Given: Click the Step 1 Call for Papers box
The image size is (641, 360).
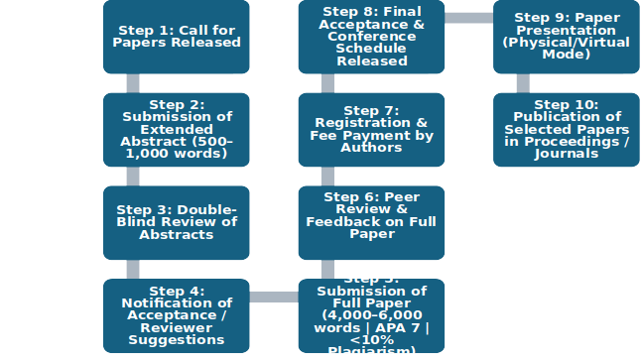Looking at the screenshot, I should [x=177, y=38].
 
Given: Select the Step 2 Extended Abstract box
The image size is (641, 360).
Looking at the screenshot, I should [x=177, y=130].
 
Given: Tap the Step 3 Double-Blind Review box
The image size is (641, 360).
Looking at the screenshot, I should [x=177, y=223].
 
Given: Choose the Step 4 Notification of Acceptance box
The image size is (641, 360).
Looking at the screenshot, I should [x=177, y=316].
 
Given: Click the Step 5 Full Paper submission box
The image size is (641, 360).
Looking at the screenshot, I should [x=371, y=316].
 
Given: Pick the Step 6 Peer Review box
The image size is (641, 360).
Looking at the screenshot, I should [x=371, y=223].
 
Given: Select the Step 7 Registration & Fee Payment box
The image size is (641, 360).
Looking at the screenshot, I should [x=371, y=130].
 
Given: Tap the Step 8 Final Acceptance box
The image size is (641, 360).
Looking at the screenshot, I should [x=371, y=38].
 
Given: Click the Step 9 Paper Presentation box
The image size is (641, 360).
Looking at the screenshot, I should [x=566, y=38].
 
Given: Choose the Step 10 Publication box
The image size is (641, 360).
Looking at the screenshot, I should [x=566, y=130].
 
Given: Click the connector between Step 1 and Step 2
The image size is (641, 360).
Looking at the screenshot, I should [x=133, y=83].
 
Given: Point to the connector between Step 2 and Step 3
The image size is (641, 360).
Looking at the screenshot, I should [x=133, y=177].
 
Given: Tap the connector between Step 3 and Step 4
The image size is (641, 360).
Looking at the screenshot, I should [x=133, y=270].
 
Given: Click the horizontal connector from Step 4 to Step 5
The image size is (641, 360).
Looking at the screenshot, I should [x=274, y=297].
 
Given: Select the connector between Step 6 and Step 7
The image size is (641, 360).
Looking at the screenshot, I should [x=327, y=177].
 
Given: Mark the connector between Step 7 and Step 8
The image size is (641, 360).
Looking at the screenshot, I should [x=327, y=83].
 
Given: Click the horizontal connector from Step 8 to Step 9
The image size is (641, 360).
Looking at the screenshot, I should [x=468, y=18].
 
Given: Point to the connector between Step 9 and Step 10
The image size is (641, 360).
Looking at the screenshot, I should [x=522, y=83].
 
